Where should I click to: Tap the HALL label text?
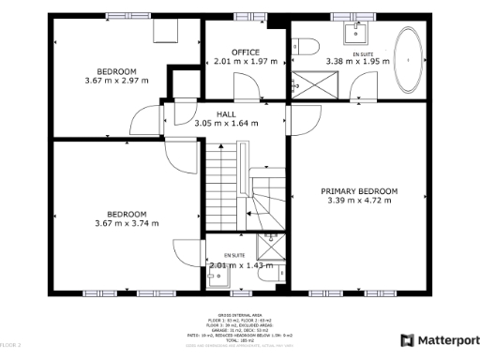[226, 113]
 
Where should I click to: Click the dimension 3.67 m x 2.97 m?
[116, 82]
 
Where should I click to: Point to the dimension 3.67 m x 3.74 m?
[127, 223]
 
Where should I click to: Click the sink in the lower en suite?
[215, 276]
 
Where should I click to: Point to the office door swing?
[247, 86]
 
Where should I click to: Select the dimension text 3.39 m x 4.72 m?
[362, 201]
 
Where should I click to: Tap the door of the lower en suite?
[183, 251]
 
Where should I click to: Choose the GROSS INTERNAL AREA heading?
[240, 316]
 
